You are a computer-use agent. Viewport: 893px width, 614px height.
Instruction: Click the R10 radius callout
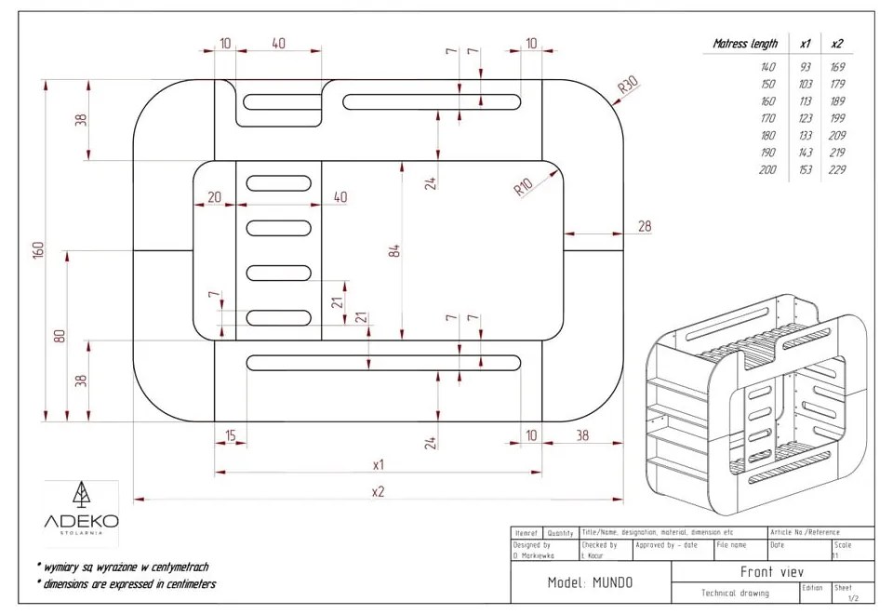(x=524, y=187)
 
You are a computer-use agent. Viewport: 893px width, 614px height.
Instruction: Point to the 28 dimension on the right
(x=645, y=227)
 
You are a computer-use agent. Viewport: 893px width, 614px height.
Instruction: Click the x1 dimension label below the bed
(x=379, y=463)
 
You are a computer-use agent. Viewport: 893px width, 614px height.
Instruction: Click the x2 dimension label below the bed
(x=378, y=491)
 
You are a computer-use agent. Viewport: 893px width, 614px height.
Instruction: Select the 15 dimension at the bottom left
(x=230, y=435)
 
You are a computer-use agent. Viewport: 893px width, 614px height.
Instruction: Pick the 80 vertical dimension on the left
(x=60, y=335)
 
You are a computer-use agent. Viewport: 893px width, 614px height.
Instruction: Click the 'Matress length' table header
(x=745, y=44)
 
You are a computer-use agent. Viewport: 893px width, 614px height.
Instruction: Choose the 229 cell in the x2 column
(x=837, y=169)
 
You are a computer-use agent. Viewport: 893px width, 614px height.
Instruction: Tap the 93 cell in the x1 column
(x=805, y=67)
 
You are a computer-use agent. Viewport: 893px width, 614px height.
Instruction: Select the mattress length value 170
(x=767, y=118)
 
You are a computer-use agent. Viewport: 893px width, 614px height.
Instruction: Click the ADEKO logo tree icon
(x=81, y=493)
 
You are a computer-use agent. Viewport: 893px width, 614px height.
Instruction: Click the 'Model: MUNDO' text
(x=590, y=583)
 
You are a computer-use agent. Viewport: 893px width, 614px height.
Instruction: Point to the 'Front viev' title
(x=771, y=572)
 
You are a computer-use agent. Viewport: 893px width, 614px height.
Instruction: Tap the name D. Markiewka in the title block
(x=534, y=555)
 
